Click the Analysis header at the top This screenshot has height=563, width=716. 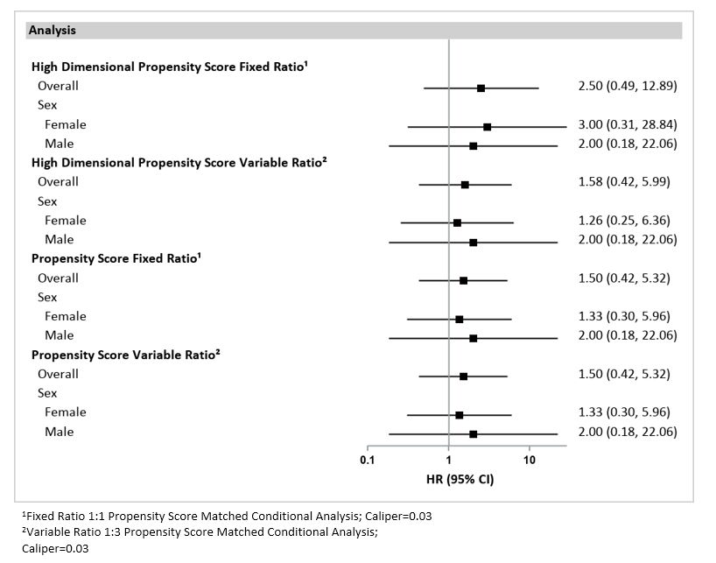[x=52, y=30]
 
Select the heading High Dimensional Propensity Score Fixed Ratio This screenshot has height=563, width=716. [x=168, y=67]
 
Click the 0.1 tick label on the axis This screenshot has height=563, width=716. [x=367, y=460]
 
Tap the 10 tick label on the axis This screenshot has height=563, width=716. [x=530, y=460]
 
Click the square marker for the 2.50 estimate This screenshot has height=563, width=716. [x=481, y=88]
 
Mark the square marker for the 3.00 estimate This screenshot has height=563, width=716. [x=487, y=127]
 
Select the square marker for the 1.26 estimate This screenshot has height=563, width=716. [x=457, y=223]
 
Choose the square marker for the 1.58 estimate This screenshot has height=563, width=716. [x=465, y=185]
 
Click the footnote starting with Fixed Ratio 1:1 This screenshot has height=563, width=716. [x=227, y=516]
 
